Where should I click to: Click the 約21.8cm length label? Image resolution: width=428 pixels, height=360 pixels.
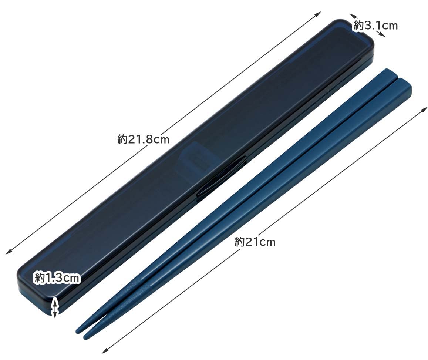pyautogui.click(x=143, y=139)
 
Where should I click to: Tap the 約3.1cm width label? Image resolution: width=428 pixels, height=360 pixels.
pyautogui.click(x=375, y=26)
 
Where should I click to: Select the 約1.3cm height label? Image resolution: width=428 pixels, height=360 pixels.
pyautogui.click(x=57, y=277)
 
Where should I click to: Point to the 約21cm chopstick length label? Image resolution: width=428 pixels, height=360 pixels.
pyautogui.click(x=255, y=242)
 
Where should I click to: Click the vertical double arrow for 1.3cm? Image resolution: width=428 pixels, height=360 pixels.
pyautogui.click(x=55, y=307)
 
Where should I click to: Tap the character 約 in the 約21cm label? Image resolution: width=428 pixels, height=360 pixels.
pyautogui.click(x=240, y=242)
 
